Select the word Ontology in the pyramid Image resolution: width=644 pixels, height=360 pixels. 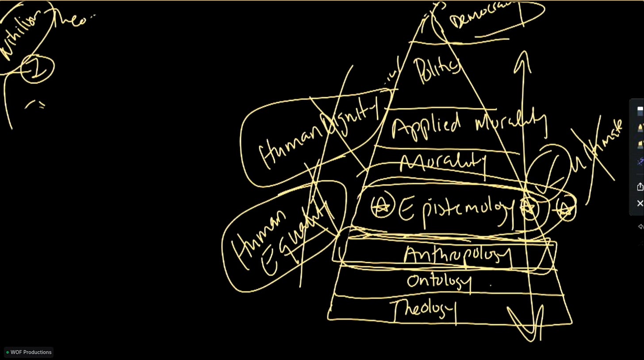click(439, 281)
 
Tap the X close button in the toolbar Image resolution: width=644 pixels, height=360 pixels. click(640, 203)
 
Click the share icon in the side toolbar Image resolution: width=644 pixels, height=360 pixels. click(640, 187)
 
